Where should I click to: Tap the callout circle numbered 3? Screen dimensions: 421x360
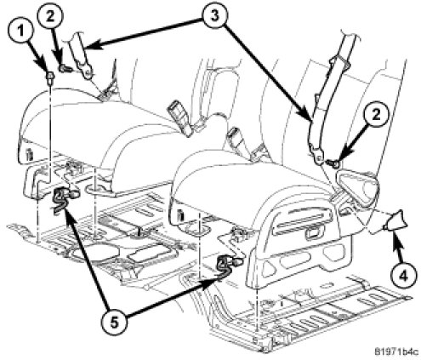[x=214, y=16]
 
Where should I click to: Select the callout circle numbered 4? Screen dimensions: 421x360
[x=402, y=274]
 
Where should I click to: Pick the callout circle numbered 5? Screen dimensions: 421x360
[x=114, y=323]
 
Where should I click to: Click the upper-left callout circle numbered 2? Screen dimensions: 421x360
[x=50, y=17]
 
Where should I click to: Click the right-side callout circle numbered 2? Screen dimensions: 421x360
[x=376, y=117]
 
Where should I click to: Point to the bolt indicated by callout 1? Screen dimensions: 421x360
[x=50, y=77]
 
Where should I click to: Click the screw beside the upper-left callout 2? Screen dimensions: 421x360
[x=65, y=68]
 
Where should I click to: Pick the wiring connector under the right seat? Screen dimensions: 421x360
[x=229, y=264]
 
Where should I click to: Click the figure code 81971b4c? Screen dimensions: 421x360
[x=396, y=351]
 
